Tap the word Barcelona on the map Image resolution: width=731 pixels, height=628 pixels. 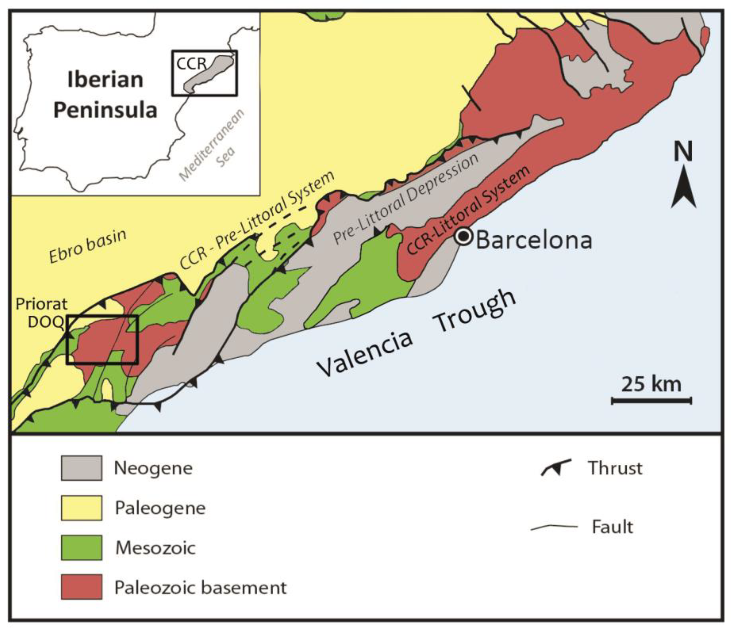click(534, 240)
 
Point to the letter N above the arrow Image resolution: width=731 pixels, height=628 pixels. click(683, 151)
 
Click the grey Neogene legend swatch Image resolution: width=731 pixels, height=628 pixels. click(81, 468)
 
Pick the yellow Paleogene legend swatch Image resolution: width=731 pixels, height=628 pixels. click(81, 508)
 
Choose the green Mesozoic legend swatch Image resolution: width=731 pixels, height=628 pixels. click(81, 548)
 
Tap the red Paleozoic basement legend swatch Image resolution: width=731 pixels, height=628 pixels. click(81, 587)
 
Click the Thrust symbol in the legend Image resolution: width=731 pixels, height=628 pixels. click(556, 468)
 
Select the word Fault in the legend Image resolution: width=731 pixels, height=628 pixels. click(612, 527)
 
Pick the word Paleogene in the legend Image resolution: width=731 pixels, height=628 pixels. click(160, 508)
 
